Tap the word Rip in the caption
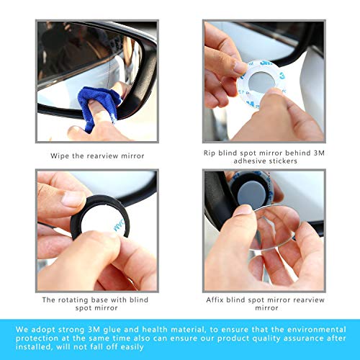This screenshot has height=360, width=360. [x=210, y=153]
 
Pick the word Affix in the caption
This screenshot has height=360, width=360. [x=215, y=300]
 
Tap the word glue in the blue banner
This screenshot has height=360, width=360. [x=112, y=330]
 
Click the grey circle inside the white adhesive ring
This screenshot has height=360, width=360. [x=261, y=83]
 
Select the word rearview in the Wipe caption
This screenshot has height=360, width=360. [x=102, y=156]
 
